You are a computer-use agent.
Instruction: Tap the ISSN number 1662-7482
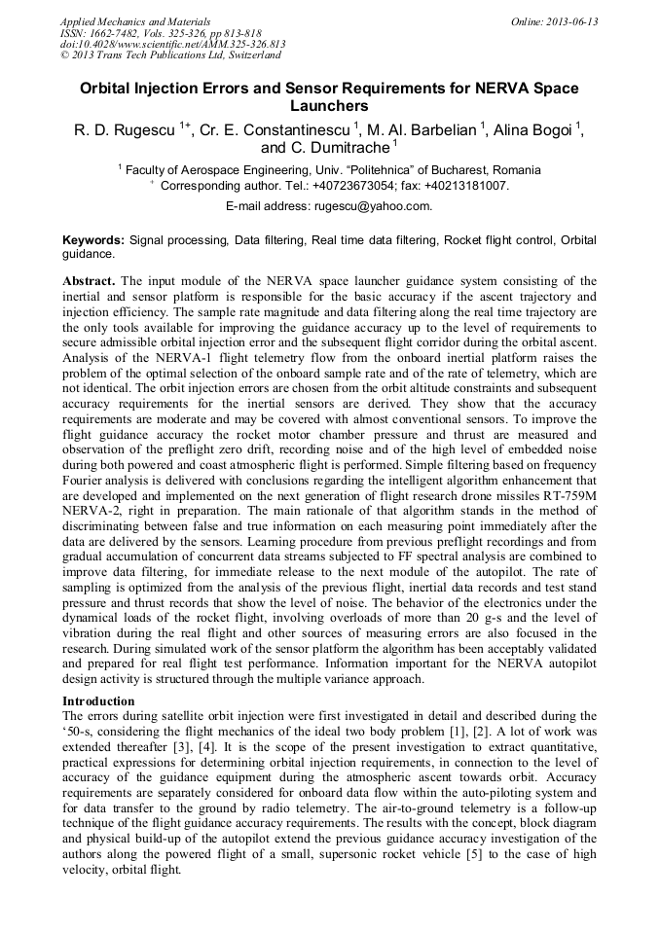(114, 33)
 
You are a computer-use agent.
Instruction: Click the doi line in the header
(172, 44)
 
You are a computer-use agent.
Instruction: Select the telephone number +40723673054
(363, 185)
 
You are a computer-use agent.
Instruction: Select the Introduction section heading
(100, 700)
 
